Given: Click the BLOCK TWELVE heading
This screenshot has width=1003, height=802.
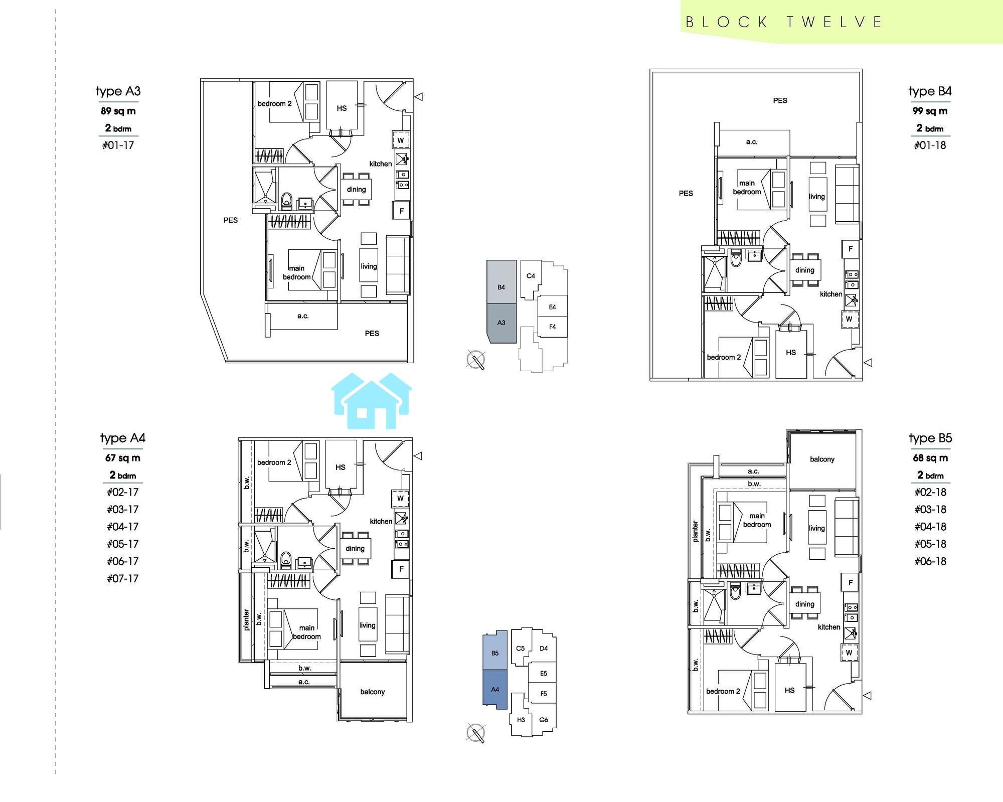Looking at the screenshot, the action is tap(784, 22).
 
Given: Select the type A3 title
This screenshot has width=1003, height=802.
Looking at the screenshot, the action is tap(118, 91).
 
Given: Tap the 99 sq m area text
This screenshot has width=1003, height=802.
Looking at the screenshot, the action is tap(930, 111).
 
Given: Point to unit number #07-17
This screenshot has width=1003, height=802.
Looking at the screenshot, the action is tap(122, 578).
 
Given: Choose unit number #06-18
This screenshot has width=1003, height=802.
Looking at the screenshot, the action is tap(930, 561).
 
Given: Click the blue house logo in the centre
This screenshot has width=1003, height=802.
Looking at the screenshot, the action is tap(372, 401).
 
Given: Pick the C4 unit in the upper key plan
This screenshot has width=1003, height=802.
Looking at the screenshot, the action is tap(531, 276).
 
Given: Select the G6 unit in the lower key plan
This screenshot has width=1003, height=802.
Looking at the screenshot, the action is tap(544, 720).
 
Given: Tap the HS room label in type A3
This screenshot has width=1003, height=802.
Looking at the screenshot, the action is tap(342, 108).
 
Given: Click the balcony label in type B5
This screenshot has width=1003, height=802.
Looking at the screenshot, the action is tap(822, 459).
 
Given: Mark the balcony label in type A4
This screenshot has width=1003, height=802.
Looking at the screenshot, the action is tap(373, 692).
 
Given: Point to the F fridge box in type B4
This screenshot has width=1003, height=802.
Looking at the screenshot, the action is tap(851, 249).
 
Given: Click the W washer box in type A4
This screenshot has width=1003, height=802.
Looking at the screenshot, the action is tap(400, 499).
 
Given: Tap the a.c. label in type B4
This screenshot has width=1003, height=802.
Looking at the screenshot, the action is tap(751, 142).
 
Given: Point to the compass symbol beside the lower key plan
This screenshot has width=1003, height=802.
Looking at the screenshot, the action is tap(475, 733).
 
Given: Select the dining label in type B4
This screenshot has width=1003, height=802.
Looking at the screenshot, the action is tap(804, 270).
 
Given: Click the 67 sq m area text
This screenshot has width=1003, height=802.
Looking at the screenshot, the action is tap(123, 458).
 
